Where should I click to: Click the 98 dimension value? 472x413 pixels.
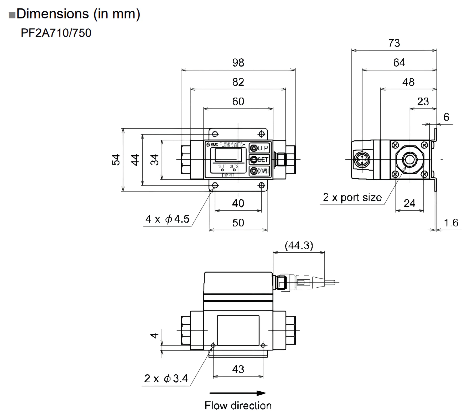[x=238, y=63]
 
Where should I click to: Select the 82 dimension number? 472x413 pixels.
[x=238, y=82]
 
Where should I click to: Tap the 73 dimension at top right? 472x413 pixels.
[x=394, y=43]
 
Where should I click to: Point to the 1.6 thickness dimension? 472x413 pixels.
[x=451, y=223]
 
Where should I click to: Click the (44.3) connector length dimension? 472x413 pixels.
[x=299, y=246]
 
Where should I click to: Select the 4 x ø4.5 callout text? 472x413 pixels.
[x=167, y=219]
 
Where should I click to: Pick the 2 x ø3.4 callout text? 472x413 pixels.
[x=166, y=379]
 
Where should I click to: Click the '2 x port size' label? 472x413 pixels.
[x=352, y=198]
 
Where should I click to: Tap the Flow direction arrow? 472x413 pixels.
[x=238, y=393]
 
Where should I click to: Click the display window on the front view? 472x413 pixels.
[x=228, y=155]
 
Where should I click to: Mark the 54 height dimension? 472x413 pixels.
[x=116, y=160]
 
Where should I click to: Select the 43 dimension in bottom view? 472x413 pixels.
[x=238, y=369]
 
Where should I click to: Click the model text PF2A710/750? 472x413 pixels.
[x=56, y=33]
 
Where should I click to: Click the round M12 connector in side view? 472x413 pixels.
[x=362, y=159]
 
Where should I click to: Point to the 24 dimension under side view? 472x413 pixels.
[x=409, y=203]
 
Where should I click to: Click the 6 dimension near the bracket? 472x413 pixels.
[x=446, y=117]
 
